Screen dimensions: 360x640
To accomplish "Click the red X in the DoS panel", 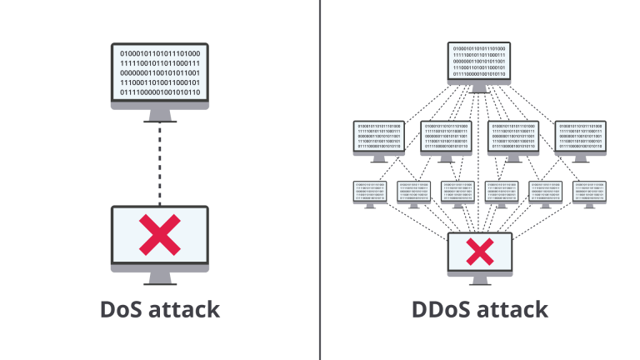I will (x=160, y=236).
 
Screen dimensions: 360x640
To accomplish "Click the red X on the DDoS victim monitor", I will (x=480, y=249).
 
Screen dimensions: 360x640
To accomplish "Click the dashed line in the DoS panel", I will (x=160, y=163).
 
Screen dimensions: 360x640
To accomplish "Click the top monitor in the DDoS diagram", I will (x=480, y=62).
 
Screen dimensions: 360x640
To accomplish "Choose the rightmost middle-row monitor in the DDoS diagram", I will (x=581, y=137).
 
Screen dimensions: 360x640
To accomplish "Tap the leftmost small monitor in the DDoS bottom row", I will (x=367, y=190).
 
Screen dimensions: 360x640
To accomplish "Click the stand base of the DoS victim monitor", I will (x=160, y=282).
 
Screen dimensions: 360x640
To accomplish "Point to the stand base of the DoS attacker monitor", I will (x=160, y=120).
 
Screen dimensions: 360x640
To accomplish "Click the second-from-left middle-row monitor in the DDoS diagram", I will (x=447, y=137).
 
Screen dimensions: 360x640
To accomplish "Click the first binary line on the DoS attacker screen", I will (x=160, y=53).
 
